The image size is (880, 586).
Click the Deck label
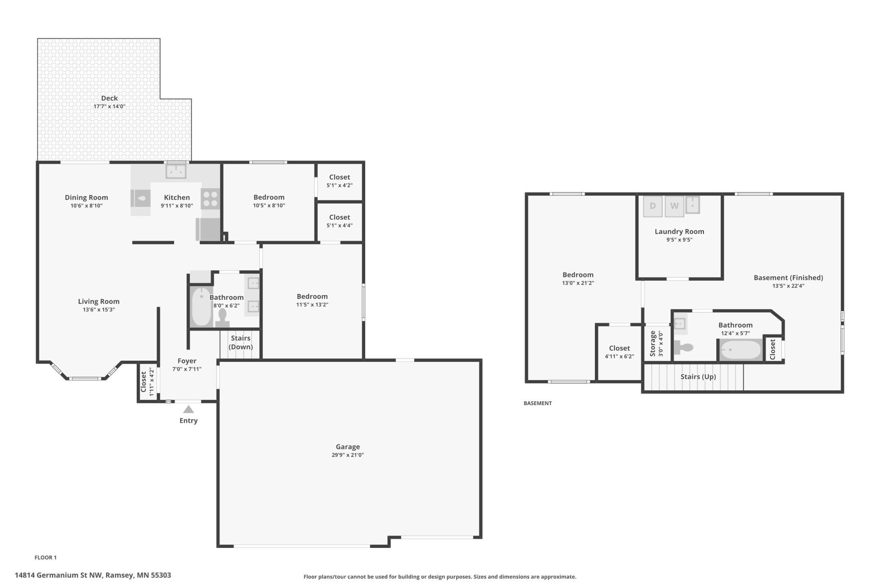point(109,98)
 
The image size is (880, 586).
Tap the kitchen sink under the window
point(176,172)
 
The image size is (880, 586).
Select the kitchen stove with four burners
point(210,199)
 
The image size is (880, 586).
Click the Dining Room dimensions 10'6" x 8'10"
point(86,206)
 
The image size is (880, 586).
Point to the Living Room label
point(99,301)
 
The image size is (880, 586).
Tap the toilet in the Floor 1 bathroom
point(222,318)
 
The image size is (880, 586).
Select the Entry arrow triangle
point(188,409)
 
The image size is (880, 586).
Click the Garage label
point(348,447)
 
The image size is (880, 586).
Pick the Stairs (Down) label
point(240,342)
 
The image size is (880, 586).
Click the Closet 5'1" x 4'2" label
point(339,181)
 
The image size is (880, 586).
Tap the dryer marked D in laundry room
point(653,206)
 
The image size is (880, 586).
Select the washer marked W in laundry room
point(674,206)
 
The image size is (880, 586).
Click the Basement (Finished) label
point(788,278)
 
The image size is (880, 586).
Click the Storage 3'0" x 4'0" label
point(656,344)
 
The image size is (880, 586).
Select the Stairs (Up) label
point(698,377)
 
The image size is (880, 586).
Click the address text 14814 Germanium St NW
point(59,575)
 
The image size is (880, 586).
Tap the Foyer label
point(187,361)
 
